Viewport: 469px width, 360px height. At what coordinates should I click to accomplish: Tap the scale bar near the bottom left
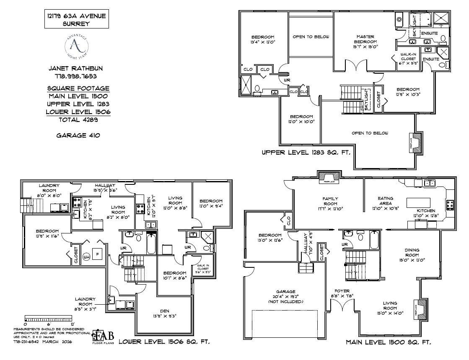[x=49, y=318]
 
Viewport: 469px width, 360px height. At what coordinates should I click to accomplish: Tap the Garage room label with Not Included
[x=286, y=296]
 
